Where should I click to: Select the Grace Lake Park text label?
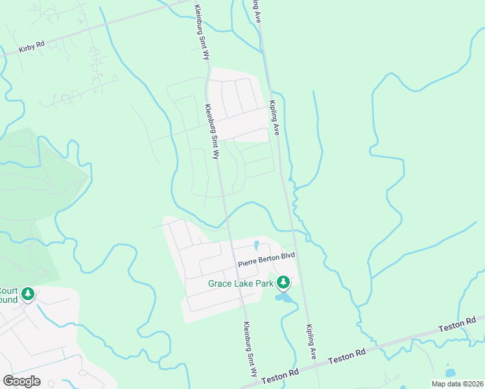coord(241,283)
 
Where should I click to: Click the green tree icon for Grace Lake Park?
coord(283,282)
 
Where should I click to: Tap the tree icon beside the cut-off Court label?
coord(28,294)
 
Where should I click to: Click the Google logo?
coord(21,381)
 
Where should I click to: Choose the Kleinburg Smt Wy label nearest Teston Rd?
coord(250,350)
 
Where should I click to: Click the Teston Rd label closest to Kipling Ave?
coord(348,357)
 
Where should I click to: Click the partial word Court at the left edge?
coord(9,291)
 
